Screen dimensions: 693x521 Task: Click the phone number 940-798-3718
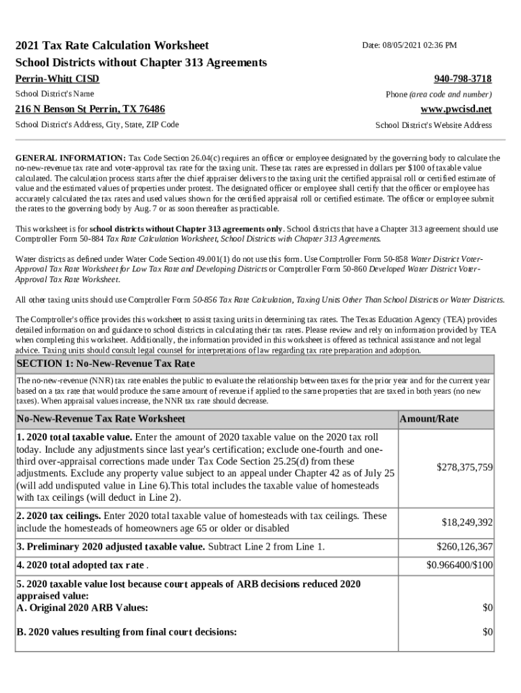pyautogui.click(x=462, y=79)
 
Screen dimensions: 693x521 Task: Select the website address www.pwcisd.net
pyautogui.click(x=456, y=109)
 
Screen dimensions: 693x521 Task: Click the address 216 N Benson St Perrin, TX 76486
pyautogui.click(x=90, y=109)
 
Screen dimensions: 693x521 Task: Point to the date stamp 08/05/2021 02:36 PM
pyautogui.click(x=409, y=45)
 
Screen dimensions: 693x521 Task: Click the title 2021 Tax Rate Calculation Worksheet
pyautogui.click(x=112, y=45)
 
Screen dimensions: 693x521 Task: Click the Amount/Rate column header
pyautogui.click(x=429, y=419)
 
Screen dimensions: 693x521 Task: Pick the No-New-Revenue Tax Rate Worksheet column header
pyautogui.click(x=101, y=419)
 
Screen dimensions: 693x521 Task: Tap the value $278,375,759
pyautogui.click(x=464, y=467)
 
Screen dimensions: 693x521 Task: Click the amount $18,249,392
pyautogui.click(x=467, y=522)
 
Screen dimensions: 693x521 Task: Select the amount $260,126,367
pyautogui.click(x=464, y=547)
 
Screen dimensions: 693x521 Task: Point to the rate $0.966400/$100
pyautogui.click(x=459, y=565)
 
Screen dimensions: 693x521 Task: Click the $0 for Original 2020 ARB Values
pyautogui.click(x=487, y=608)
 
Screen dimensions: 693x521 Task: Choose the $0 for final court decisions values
pyautogui.click(x=487, y=632)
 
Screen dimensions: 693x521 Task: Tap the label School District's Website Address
pyautogui.click(x=433, y=125)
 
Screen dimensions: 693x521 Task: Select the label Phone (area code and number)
pyautogui.click(x=438, y=95)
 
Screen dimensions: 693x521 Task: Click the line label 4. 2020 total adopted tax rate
pyautogui.click(x=81, y=565)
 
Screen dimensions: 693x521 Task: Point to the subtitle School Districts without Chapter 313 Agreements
pyautogui.click(x=141, y=62)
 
